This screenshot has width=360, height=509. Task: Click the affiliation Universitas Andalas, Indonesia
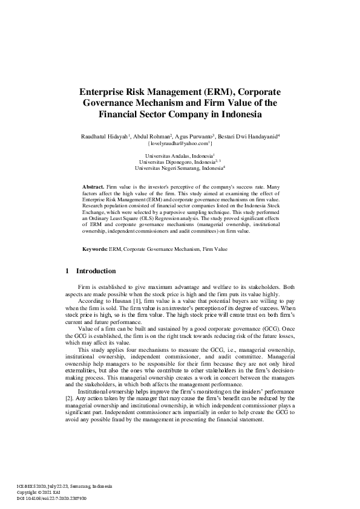coord(179,157)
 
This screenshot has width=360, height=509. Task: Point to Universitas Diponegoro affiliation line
coord(179,163)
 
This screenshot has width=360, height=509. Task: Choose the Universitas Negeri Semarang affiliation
coord(179,169)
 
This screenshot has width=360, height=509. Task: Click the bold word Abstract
coord(93,189)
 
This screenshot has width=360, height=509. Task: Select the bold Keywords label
coord(95,249)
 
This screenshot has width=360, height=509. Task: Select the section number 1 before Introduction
coord(66,271)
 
